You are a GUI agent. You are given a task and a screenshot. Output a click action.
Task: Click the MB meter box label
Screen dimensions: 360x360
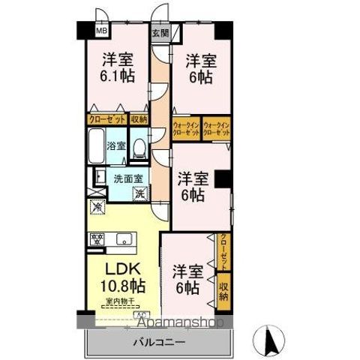point(100,32)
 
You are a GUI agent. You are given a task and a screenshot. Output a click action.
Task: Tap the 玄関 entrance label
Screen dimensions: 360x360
point(160,33)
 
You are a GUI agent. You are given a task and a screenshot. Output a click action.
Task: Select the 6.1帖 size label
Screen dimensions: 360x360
point(117,76)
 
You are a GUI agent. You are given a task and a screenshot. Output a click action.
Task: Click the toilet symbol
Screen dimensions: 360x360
point(138,147)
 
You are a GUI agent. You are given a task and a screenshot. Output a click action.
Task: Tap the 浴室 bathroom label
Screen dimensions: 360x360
point(117,145)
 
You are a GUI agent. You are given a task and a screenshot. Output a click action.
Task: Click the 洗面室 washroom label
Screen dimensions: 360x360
point(124,178)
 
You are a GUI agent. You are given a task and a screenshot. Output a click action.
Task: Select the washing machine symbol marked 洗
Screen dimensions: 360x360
point(139,194)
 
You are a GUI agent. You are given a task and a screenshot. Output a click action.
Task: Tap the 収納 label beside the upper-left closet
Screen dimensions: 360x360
point(139,119)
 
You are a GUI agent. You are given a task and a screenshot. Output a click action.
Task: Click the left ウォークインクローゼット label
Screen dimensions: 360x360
point(186,127)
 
